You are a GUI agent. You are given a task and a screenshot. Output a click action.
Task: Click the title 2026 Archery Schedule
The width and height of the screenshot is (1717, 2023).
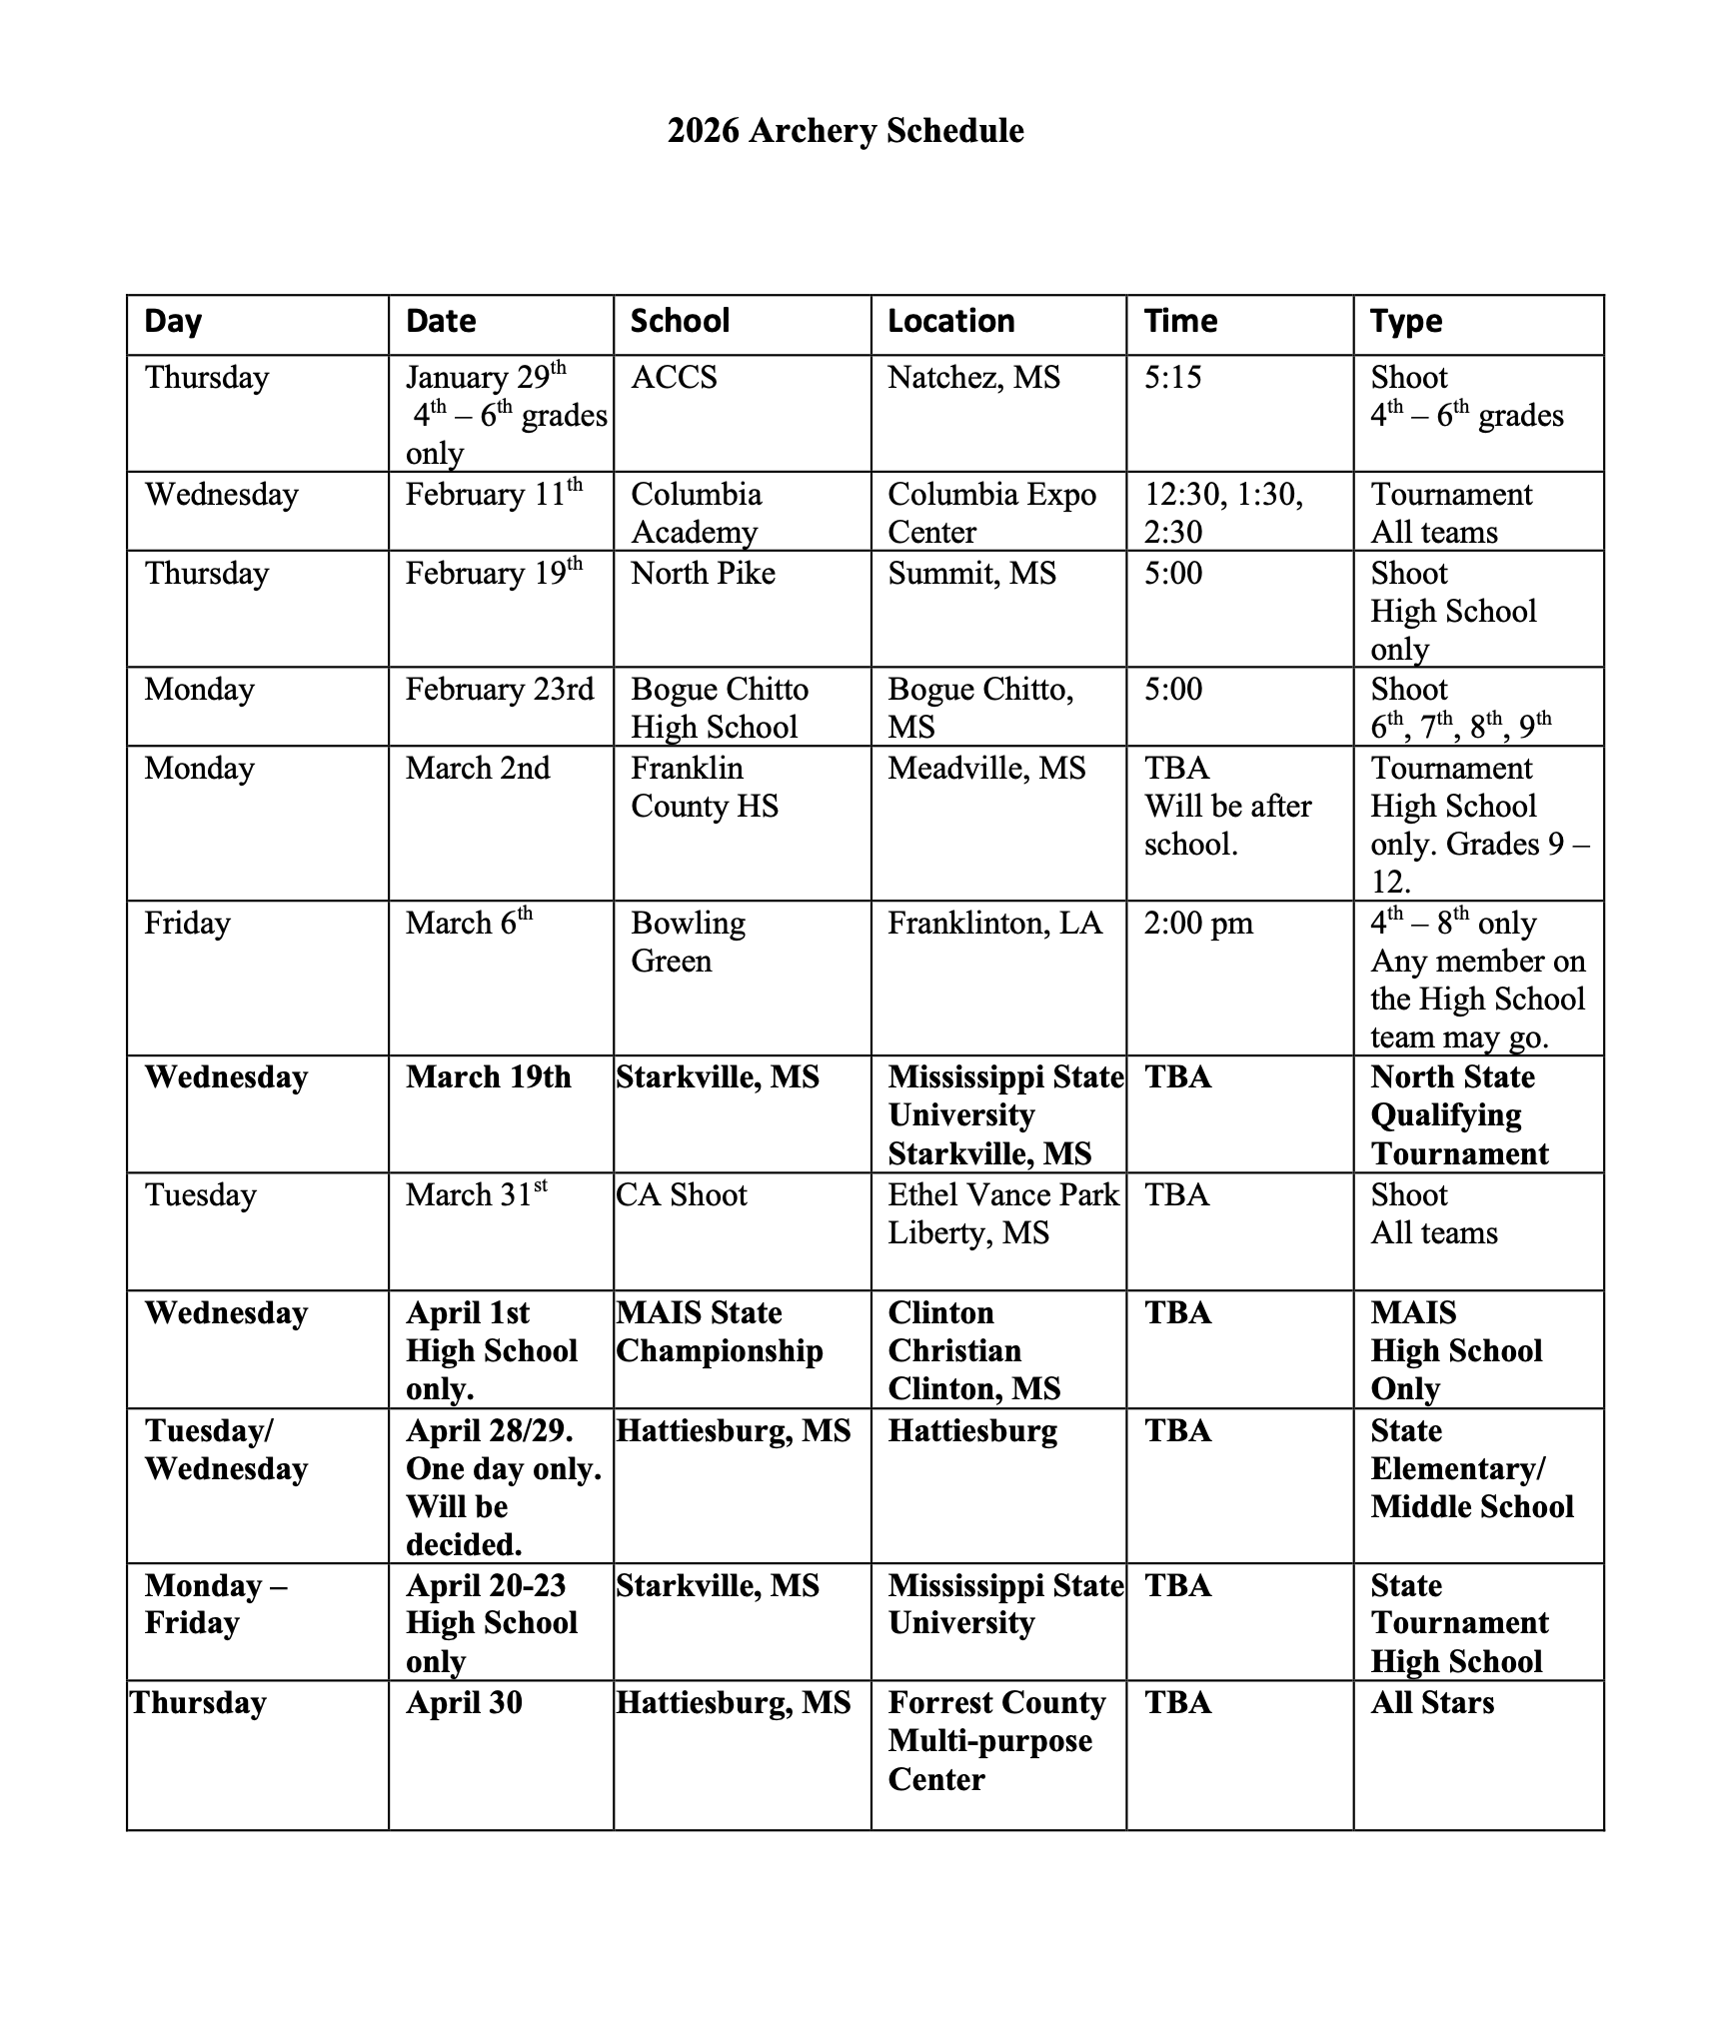click(846, 131)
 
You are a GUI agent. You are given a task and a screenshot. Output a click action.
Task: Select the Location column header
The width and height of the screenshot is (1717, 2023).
click(950, 321)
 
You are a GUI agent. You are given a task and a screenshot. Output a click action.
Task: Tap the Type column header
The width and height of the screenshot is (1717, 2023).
click(1406, 321)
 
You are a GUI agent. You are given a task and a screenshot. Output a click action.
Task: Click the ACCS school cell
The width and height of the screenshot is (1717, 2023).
click(674, 378)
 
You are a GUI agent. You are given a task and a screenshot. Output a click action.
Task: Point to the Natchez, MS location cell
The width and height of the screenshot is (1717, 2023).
click(973, 378)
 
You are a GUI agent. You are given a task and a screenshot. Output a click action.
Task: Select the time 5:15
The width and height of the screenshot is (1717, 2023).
click(1172, 378)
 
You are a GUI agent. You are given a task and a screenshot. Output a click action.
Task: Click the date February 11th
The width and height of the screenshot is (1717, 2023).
click(494, 494)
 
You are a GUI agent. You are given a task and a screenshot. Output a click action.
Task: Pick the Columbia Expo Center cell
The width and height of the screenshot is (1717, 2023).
click(991, 513)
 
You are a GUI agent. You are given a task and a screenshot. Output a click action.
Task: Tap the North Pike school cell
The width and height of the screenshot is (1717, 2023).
click(703, 574)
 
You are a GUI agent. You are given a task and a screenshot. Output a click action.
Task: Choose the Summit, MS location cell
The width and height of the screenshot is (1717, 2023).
click(971, 574)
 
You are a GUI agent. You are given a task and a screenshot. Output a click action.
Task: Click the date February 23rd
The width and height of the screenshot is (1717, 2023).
click(499, 690)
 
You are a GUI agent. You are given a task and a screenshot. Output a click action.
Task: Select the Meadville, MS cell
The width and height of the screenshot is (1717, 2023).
click(985, 769)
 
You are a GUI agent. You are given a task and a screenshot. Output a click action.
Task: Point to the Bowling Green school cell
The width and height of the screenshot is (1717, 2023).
click(688, 942)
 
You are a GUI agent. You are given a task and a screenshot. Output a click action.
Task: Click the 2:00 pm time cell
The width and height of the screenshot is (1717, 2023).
click(1198, 923)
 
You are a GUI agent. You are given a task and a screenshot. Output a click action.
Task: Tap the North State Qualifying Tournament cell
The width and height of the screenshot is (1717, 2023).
click(1459, 1114)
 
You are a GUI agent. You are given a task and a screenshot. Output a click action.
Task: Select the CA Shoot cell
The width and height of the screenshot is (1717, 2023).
click(682, 1195)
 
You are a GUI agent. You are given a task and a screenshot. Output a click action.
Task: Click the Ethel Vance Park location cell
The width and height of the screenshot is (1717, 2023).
click(1002, 1213)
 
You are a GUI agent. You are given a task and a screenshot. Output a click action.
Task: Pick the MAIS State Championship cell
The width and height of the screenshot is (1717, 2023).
click(719, 1331)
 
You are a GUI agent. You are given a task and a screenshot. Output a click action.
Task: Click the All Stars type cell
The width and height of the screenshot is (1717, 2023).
click(1432, 1703)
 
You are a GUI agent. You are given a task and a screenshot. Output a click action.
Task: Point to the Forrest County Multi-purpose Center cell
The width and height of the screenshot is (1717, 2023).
click(995, 1741)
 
